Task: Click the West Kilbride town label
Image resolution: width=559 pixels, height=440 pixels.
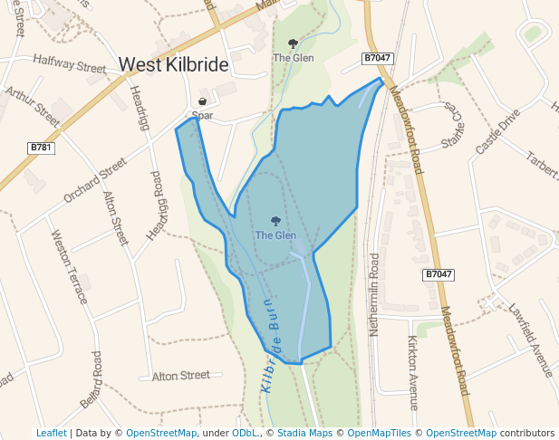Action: pos(173,65)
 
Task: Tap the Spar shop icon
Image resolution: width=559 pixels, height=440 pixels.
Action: pos(202,101)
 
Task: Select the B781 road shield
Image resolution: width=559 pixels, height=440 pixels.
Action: pos(41,147)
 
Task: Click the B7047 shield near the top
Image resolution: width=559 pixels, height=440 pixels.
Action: pos(378,58)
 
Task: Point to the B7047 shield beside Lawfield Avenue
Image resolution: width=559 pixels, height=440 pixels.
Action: pos(439,273)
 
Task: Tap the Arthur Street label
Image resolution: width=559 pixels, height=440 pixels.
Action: pos(32,106)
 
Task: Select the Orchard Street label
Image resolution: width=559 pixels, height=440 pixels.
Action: pos(94,180)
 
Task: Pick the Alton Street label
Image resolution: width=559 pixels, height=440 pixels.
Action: pos(180,376)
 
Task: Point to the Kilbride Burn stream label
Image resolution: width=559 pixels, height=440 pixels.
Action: pos(271,345)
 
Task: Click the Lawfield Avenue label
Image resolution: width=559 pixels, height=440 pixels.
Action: pos(530,340)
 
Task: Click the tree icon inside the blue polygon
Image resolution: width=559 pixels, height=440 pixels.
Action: pos(275,221)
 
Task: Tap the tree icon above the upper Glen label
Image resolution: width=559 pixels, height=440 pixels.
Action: pos(293,43)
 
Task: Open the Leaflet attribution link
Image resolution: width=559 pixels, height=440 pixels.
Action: pos(51,433)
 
